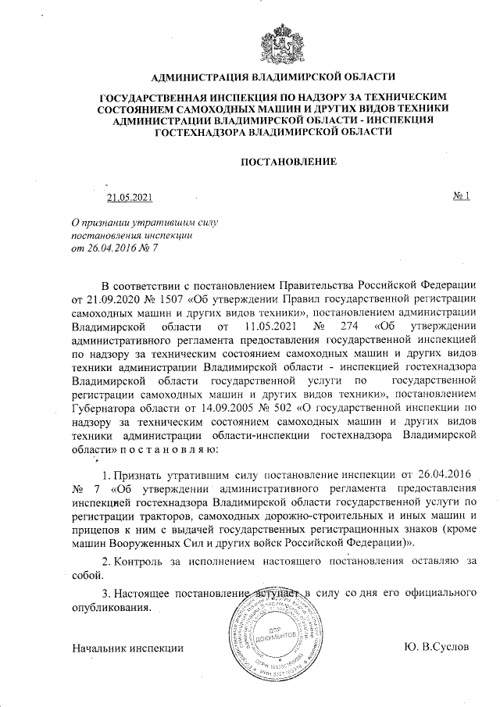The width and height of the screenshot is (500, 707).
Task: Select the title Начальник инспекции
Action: [x=127, y=648]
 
